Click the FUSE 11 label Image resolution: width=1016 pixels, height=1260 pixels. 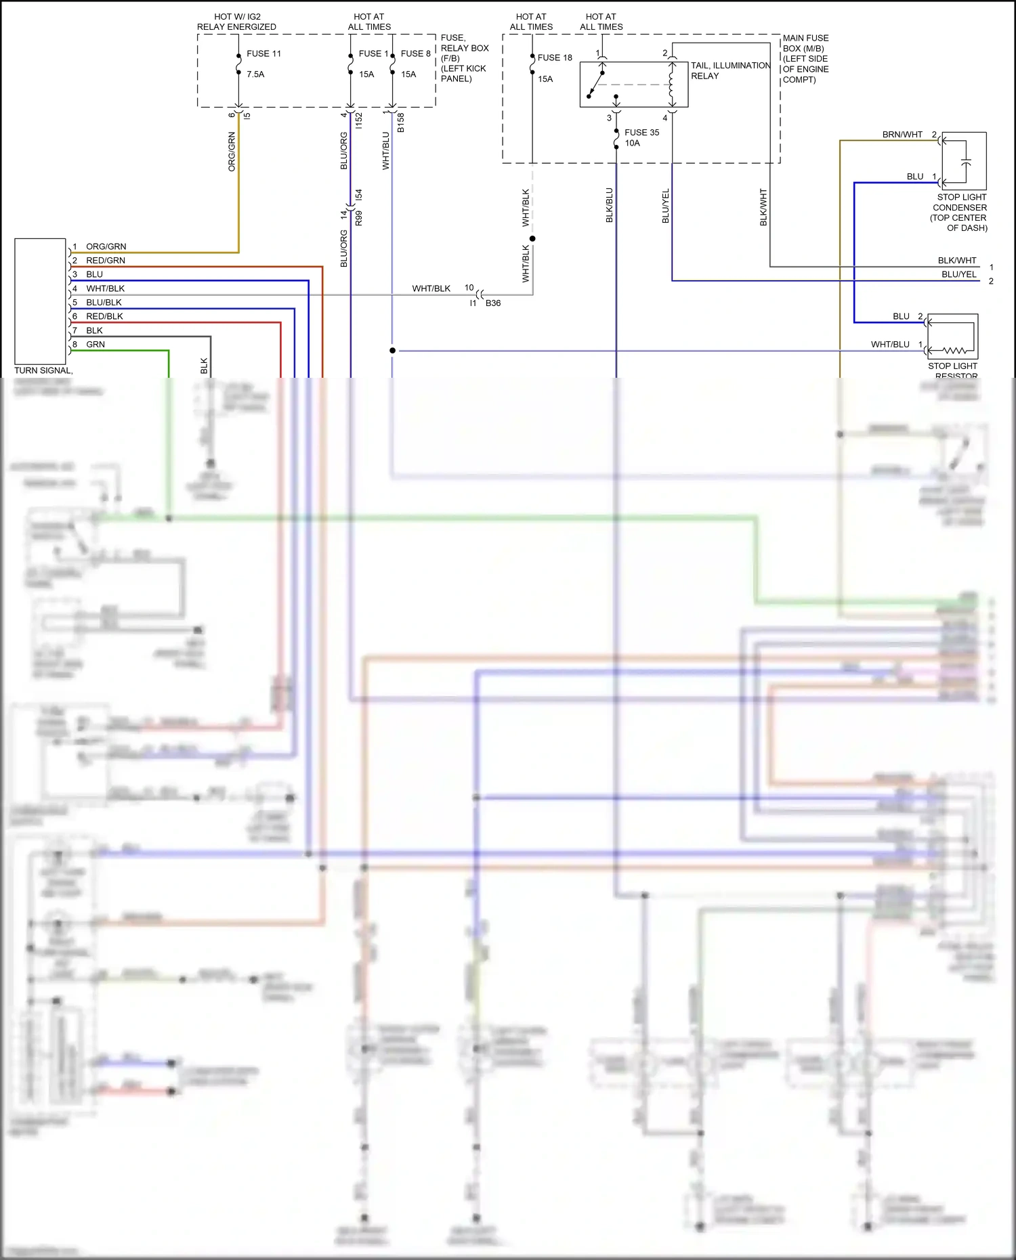263,53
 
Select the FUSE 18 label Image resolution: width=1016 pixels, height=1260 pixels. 555,58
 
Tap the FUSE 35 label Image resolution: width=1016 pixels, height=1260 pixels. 641,133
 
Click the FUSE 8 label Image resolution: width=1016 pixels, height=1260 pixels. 415,53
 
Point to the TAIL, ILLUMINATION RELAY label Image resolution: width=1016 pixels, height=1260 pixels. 729,70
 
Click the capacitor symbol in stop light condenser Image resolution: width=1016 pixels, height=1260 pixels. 966,162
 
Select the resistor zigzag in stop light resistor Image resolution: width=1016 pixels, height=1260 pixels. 955,350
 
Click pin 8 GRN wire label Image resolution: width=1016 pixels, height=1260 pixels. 96,345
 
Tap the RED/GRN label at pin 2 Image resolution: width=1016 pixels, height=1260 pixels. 106,261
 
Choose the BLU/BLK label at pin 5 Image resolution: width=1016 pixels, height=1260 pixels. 104,303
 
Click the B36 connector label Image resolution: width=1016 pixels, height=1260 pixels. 493,303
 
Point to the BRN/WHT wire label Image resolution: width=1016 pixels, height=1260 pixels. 902,135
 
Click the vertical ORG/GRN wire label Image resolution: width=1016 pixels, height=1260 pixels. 232,152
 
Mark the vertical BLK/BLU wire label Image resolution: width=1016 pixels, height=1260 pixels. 609,205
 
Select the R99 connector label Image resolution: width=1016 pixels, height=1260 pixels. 359,218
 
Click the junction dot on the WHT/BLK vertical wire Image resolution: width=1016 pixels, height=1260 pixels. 532,238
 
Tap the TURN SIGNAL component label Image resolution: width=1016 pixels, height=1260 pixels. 43,370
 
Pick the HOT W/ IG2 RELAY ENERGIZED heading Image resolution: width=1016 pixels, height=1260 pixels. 236,22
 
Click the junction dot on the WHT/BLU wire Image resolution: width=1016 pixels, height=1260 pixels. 392,351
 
